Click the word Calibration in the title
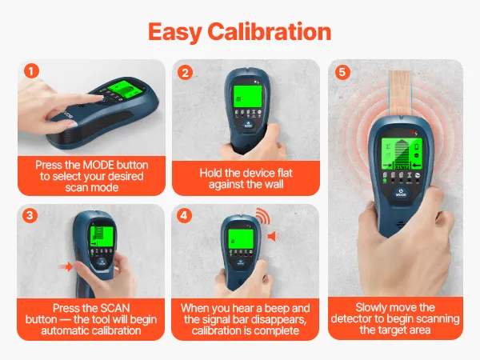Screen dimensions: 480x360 coord(270,32)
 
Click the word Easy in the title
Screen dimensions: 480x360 coord(175,33)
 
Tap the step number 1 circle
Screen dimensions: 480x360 coord(31,71)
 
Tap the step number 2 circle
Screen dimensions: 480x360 coord(186,73)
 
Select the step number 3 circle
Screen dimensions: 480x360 coord(30,215)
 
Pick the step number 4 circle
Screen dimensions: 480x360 coord(184,215)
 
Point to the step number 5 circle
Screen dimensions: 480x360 coord(342,72)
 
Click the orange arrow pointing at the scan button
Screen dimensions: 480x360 coord(66,266)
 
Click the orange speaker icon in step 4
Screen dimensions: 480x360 coord(271,236)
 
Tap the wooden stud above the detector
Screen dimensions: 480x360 coord(401,93)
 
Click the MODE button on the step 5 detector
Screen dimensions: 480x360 coord(401,194)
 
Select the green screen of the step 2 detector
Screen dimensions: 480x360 coord(248,96)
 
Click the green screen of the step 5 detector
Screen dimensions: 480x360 coord(402,154)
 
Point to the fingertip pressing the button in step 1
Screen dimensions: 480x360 coord(100,98)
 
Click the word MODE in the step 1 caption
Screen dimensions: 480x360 coord(99,165)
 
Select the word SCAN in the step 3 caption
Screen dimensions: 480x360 coord(115,308)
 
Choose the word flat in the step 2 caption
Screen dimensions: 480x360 coord(285,173)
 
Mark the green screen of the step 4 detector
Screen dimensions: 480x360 coord(241,238)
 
